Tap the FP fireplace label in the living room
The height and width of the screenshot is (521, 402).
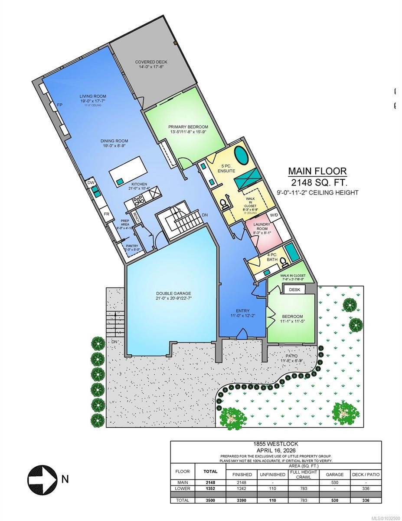click(x=59, y=105)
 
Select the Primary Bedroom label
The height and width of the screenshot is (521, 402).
click(x=185, y=127)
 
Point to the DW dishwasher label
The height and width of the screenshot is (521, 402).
click(x=91, y=183)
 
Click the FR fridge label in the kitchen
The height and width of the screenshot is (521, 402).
click(x=106, y=214)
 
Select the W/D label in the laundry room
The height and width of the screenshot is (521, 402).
click(x=274, y=215)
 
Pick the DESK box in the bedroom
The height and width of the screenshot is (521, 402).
click(x=294, y=289)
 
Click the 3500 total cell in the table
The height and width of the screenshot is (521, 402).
click(x=210, y=500)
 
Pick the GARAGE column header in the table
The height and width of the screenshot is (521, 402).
click(x=334, y=474)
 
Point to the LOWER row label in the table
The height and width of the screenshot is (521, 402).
click(x=183, y=488)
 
